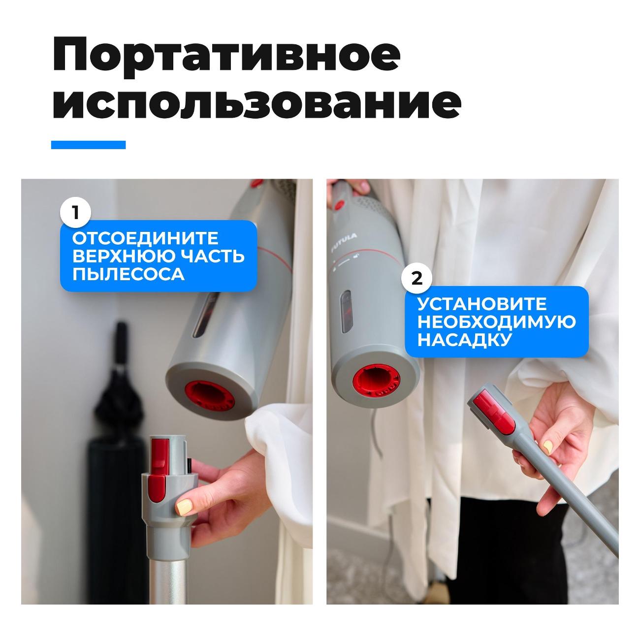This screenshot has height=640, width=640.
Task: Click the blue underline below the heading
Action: coord(88,145)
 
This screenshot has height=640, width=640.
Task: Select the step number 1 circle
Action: coord(75,213)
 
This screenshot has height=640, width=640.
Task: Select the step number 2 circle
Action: coord(417,278)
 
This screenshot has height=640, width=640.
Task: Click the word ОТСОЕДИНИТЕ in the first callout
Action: coord(145,238)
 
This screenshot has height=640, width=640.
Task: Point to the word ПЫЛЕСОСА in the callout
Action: coord(128,274)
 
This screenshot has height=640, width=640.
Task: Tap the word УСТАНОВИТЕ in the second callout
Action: coord(482,304)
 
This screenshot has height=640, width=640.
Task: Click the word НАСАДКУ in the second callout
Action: coord(464,340)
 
